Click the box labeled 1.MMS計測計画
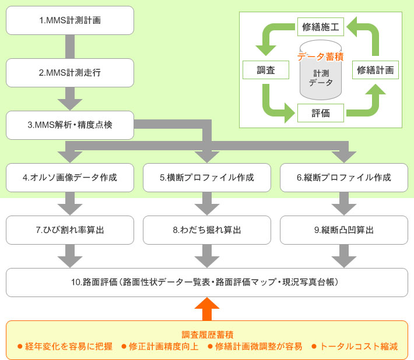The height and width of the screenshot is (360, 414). (x=70, y=20)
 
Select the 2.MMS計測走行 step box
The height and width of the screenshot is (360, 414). (x=70, y=73)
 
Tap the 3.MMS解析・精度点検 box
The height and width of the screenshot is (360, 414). (x=70, y=125)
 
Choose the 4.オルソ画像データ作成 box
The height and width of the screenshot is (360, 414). (x=70, y=178)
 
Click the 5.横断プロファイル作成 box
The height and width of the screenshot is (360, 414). (x=207, y=178)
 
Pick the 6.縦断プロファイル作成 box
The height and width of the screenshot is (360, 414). (x=343, y=178)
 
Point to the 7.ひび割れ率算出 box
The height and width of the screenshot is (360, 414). (x=70, y=230)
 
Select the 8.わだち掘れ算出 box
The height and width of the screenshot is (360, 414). (x=207, y=230)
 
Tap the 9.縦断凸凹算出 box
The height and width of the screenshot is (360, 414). (x=343, y=230)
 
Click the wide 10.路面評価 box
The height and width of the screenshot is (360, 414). (x=207, y=283)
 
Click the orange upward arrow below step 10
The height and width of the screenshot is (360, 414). (x=207, y=308)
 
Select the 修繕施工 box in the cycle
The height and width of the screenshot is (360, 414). (x=321, y=26)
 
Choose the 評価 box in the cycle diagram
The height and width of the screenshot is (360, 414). (x=321, y=113)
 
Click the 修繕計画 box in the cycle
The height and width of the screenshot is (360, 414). (x=376, y=70)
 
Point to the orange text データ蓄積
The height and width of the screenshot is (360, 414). (x=320, y=57)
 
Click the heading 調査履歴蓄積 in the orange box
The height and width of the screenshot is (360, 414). (x=207, y=334)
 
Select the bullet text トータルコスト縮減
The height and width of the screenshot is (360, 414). (x=359, y=347)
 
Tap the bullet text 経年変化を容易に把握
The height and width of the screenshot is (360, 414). (x=68, y=347)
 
